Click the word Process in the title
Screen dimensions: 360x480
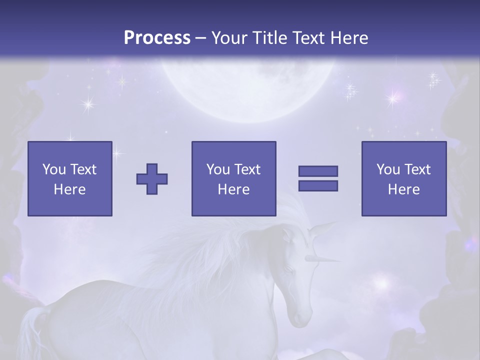click(x=157, y=38)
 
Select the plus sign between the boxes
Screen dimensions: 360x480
click(x=152, y=179)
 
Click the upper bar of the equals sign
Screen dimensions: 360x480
click(x=318, y=171)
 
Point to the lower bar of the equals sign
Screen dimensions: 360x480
click(x=318, y=185)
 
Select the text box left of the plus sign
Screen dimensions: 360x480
click(x=70, y=178)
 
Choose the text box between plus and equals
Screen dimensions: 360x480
click(x=233, y=178)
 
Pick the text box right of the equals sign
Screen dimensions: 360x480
click(x=403, y=178)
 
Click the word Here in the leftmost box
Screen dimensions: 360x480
click(x=70, y=189)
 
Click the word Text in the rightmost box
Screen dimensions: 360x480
click(x=417, y=169)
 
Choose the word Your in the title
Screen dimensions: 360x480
click(x=230, y=38)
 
